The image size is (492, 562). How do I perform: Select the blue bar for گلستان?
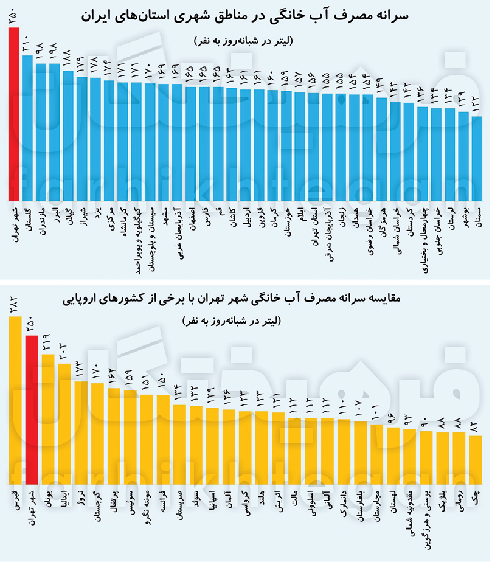27,128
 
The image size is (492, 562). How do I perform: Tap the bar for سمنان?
477,158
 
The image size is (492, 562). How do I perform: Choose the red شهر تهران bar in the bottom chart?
32,408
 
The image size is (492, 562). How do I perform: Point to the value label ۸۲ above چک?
476,426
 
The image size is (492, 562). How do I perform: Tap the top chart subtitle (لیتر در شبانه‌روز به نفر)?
246,41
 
